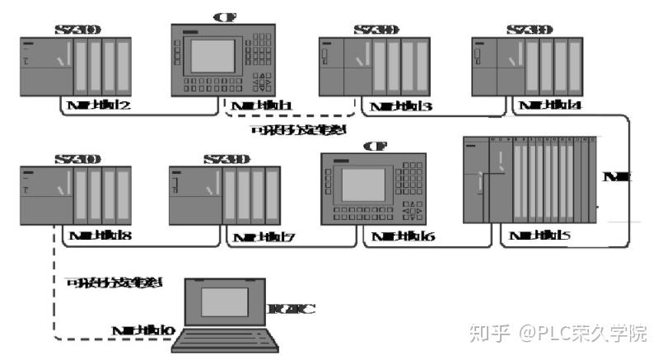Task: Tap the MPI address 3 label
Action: click(x=402, y=106)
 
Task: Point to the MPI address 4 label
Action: click(x=544, y=105)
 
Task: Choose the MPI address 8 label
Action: click(x=101, y=236)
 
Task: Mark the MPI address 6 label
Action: click(x=404, y=237)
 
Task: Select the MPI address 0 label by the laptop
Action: click(x=143, y=330)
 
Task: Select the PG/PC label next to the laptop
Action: click(x=292, y=310)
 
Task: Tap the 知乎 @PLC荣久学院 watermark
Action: click(x=558, y=333)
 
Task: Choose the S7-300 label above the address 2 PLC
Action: click(x=77, y=30)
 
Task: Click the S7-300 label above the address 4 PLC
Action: click(x=530, y=30)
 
